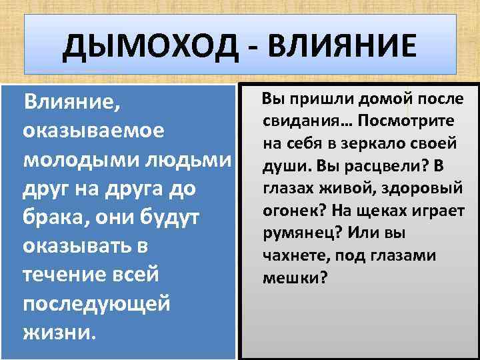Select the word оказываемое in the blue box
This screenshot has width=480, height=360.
[x=93, y=131]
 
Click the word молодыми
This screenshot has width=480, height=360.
[x=74, y=160]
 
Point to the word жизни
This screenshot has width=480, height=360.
[x=59, y=332]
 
